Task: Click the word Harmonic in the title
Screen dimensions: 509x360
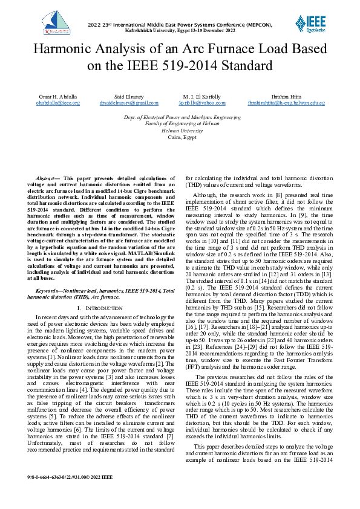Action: click(x=62, y=49)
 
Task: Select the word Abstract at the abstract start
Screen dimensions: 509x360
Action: click(x=46, y=179)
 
